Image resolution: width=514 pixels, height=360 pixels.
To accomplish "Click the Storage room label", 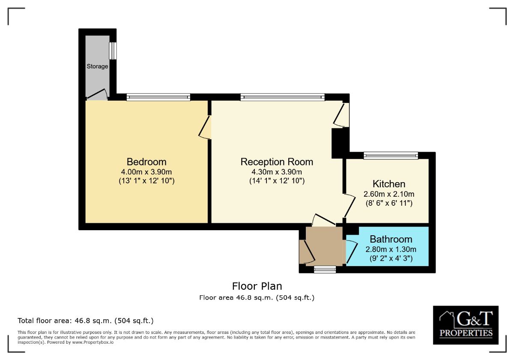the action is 97,66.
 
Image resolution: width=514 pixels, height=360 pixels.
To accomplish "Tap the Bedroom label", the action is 146,162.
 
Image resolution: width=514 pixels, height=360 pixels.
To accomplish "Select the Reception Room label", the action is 277,162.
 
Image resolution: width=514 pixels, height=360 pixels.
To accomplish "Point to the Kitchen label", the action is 389,184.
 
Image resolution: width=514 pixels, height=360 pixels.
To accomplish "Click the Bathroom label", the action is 391,239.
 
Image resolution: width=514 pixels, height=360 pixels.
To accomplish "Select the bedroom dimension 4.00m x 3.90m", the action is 146,172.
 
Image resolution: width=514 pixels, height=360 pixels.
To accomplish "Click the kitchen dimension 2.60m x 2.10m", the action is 389,194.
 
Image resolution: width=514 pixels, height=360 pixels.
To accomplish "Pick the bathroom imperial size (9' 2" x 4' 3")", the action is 391,258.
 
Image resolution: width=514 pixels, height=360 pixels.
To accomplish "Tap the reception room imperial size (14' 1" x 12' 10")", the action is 277,181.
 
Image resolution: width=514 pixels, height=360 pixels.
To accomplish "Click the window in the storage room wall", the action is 113,51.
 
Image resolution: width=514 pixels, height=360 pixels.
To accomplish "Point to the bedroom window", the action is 158,97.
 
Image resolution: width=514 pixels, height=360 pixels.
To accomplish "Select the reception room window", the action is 282,97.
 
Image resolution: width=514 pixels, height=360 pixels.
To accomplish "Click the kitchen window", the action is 391,156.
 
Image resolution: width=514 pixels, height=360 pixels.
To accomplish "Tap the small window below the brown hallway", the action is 325,269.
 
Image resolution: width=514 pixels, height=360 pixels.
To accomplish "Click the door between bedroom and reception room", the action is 205,127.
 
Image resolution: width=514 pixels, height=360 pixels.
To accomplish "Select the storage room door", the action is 97,95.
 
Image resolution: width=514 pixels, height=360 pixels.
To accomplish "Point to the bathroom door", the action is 351,252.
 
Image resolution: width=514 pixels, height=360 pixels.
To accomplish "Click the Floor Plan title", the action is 257,286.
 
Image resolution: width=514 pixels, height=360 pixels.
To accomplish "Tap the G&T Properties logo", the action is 466,325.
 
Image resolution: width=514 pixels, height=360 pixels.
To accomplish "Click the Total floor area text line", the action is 86,321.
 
